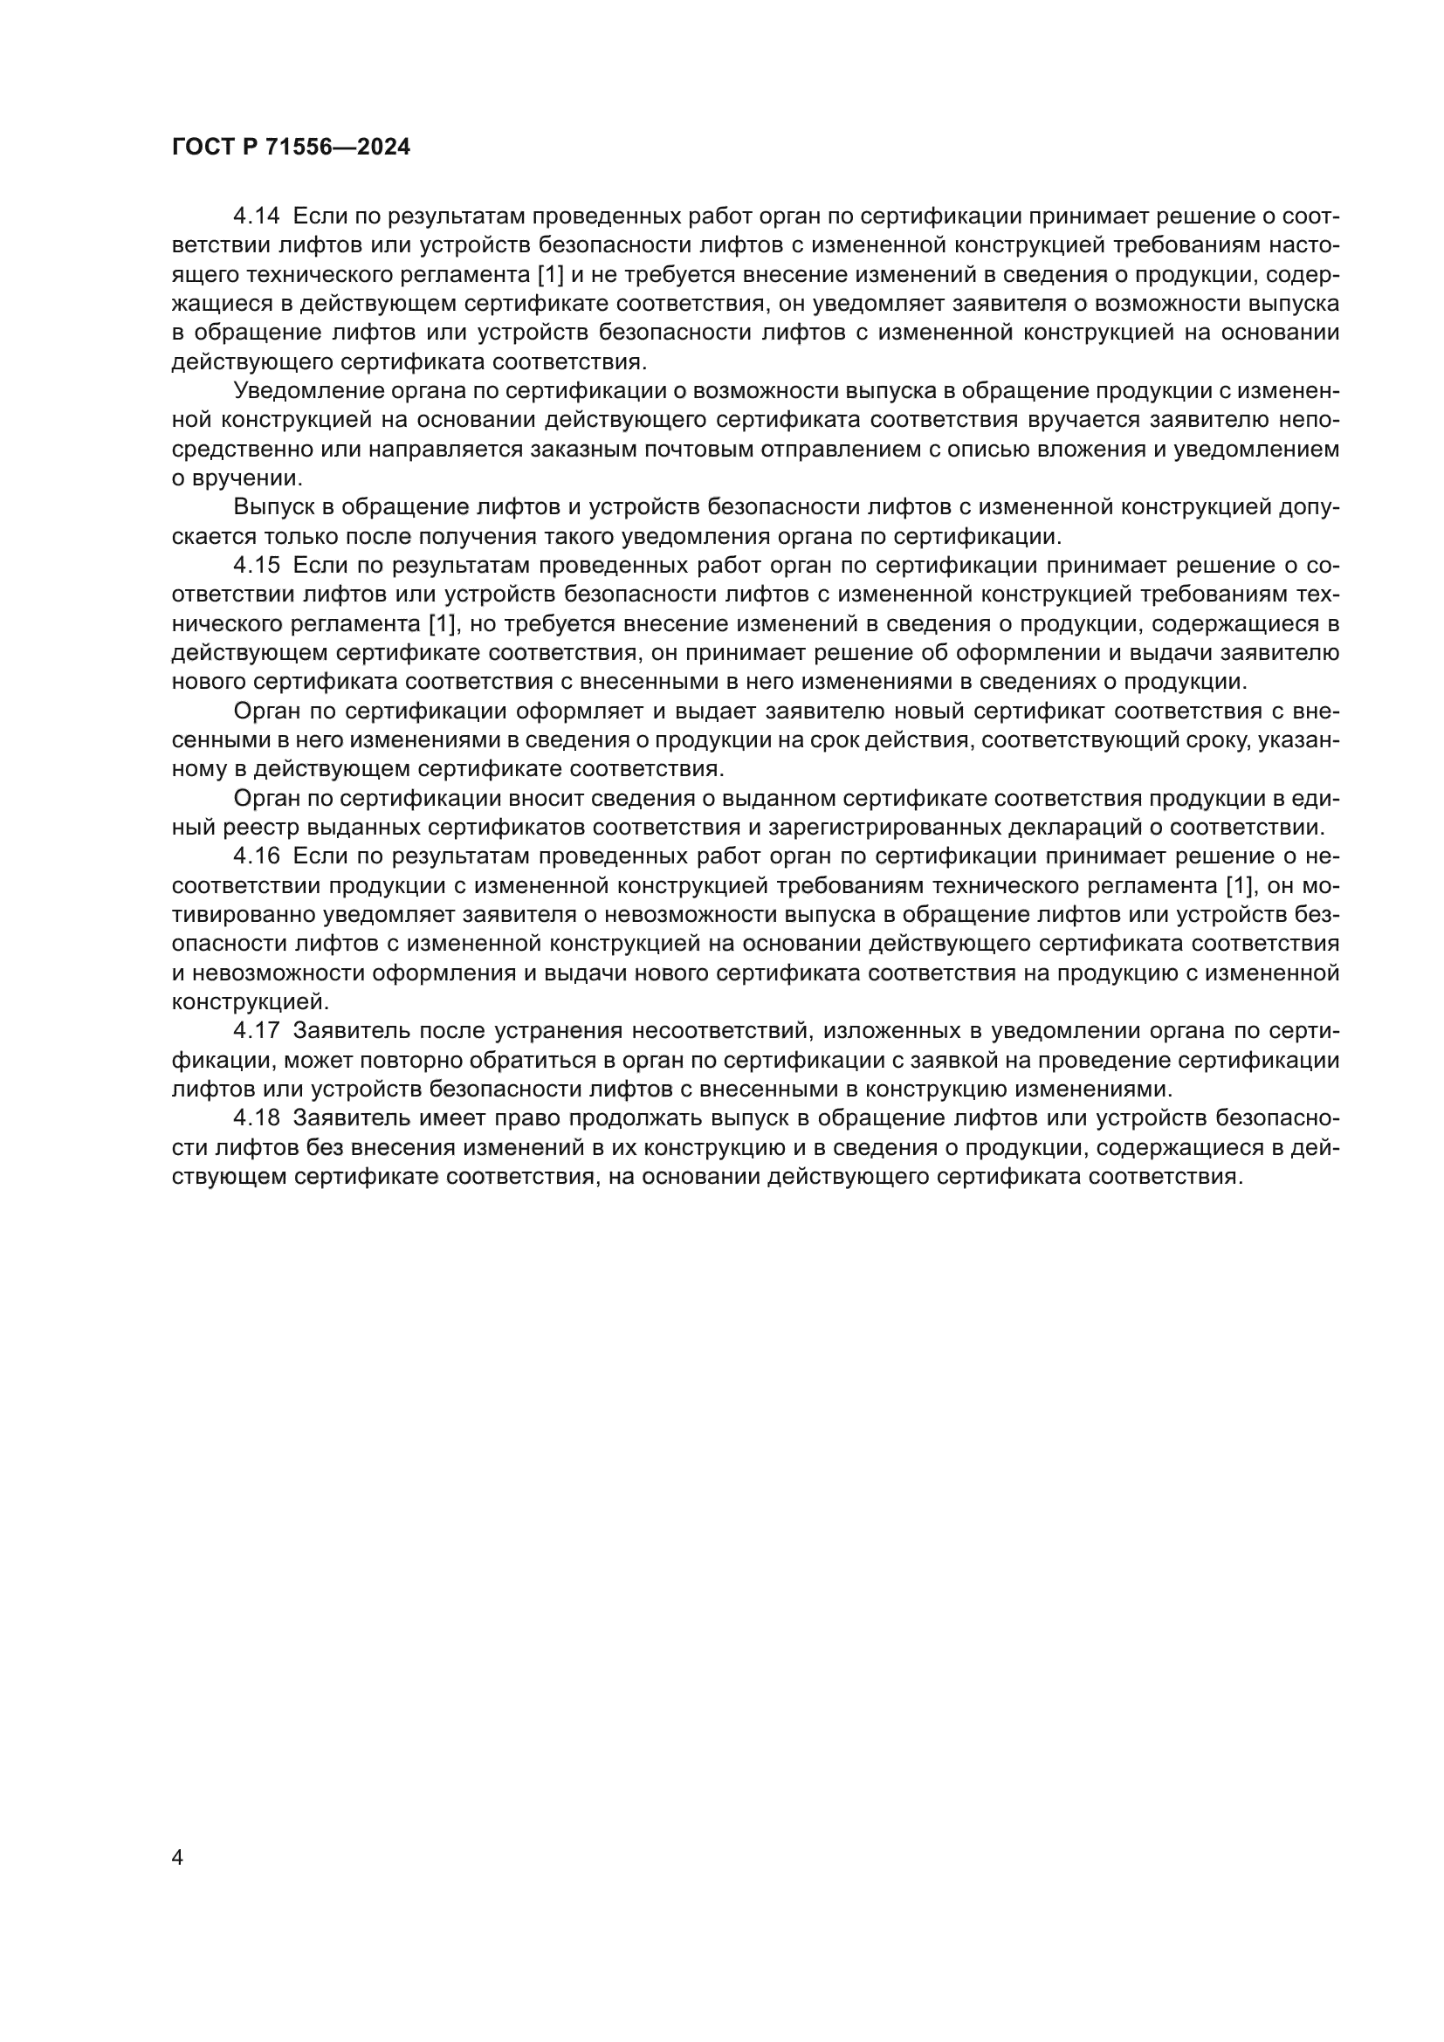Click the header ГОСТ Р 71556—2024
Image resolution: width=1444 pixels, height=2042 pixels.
[x=291, y=148]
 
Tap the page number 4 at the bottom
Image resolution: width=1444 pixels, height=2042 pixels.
[x=178, y=1858]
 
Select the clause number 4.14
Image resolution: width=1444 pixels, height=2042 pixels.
[x=256, y=217]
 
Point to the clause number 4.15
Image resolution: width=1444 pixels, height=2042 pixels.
[x=256, y=566]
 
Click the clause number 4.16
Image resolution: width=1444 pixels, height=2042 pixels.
[x=256, y=856]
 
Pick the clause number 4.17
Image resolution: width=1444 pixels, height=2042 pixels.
[x=256, y=1032]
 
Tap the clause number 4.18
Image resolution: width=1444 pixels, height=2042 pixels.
[x=256, y=1119]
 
